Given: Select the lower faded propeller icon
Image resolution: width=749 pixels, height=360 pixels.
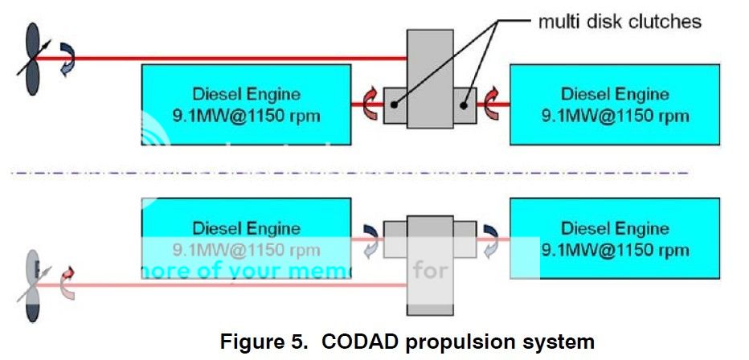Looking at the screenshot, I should [33, 284].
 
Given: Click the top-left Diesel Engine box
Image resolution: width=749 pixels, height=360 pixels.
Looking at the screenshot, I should [246, 104].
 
